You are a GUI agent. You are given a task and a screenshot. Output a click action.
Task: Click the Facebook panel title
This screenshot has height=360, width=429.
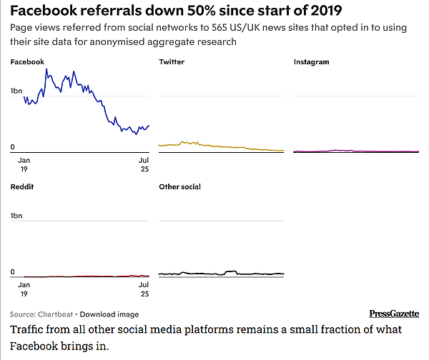coord(26,62)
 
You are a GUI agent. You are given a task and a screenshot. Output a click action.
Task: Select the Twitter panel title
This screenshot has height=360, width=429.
coord(171,62)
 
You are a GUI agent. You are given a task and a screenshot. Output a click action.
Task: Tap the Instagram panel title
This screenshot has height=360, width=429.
coord(312,62)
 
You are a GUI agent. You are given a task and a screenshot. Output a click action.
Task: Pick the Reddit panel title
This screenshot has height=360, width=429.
coord(22,186)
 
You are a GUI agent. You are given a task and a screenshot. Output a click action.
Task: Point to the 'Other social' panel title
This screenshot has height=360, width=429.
coord(179,186)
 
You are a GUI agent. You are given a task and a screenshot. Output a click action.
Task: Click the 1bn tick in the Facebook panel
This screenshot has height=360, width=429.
coord(16,91)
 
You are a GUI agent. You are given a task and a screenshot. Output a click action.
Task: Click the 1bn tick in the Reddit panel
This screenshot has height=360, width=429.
coord(16,215)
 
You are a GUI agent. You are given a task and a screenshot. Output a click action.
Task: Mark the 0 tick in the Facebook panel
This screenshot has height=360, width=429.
coord(13,147)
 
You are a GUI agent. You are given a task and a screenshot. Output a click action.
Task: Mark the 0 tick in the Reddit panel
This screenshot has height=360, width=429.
coord(13,272)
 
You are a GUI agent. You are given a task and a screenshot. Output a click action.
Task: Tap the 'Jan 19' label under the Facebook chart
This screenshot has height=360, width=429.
coord(24,165)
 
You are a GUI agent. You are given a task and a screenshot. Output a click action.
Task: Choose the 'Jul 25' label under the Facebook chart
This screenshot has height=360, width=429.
coord(144,165)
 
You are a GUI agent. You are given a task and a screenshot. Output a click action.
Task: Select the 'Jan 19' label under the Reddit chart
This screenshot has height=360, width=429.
coord(24,289)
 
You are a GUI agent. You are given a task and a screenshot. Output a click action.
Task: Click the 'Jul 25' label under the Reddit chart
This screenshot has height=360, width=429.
coord(144,289)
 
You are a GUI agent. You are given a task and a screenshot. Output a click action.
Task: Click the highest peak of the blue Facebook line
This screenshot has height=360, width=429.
coord(46,69)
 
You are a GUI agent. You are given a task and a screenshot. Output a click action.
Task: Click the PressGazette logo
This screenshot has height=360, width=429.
coord(394,314)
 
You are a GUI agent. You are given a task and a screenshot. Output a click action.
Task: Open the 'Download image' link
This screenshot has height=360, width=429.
coord(109,314)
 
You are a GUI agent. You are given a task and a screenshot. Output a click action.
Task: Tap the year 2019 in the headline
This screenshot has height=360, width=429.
coord(322,11)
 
